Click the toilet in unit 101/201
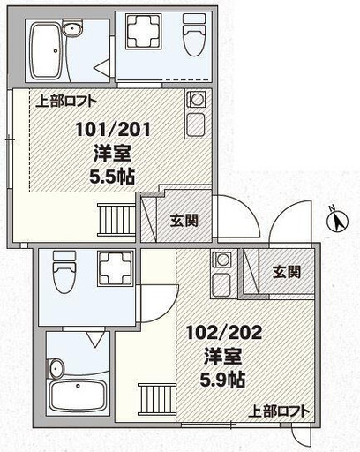[194, 34]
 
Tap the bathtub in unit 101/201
[45, 50]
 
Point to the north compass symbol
[338, 220]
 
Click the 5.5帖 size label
[112, 177]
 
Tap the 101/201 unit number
[113, 130]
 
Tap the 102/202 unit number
[224, 333]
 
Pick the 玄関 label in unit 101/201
[184, 220]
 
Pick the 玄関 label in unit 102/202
[287, 271]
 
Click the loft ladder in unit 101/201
[116, 220]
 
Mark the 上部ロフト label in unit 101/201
[66, 102]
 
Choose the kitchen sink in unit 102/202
[222, 283]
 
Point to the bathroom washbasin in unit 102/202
[56, 368]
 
